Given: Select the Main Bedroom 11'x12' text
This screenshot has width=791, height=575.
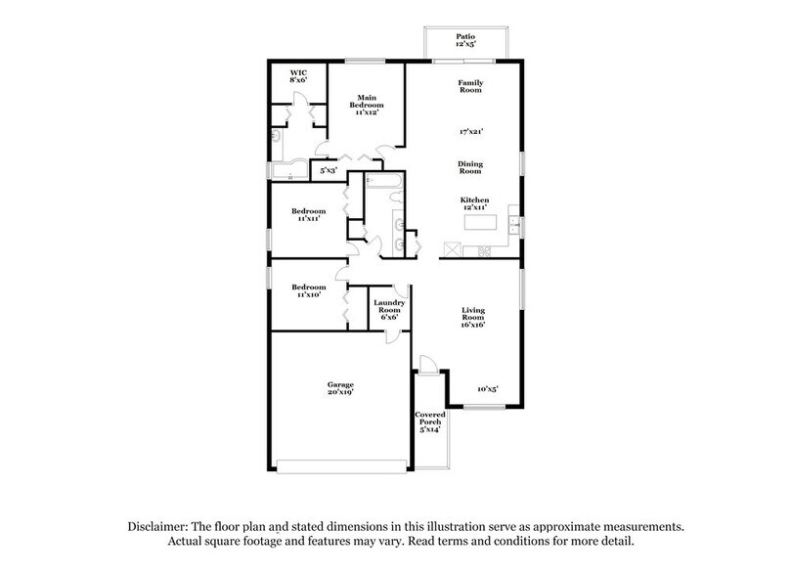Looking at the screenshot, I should pos(367,105).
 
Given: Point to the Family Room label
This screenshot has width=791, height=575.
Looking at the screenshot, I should pos(470,86).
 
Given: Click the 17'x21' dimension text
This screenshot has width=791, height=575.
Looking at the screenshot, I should pos(471,130).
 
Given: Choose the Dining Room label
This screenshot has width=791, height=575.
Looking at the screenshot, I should pos(471,167).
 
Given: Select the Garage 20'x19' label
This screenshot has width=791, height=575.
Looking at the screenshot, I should pos(340,389).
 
